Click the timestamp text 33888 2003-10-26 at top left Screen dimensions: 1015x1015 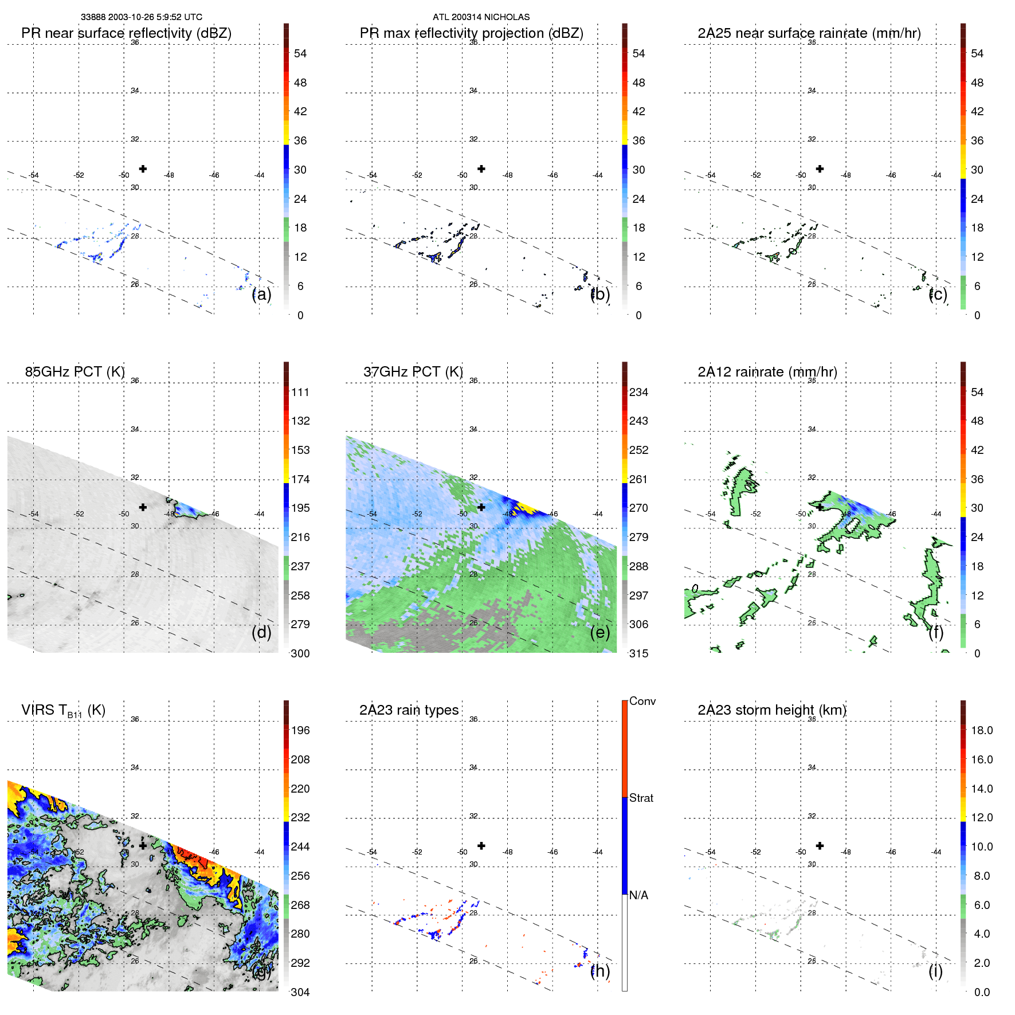[x=141, y=17]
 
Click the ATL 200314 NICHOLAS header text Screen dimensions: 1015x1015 [x=481, y=17]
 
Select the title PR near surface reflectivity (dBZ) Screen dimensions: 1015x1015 [x=126, y=33]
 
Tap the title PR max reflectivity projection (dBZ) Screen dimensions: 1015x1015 [x=471, y=33]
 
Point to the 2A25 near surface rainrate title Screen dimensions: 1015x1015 [x=809, y=33]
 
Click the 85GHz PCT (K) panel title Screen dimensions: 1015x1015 [x=75, y=372]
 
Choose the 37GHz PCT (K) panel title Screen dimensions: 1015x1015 [x=413, y=372]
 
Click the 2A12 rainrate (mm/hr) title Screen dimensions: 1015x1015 [x=767, y=372]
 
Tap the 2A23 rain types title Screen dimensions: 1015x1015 [x=409, y=710]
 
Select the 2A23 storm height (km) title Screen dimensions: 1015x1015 [x=771, y=710]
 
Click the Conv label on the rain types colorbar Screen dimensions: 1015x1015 [x=642, y=701]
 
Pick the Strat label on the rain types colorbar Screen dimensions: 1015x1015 [x=641, y=798]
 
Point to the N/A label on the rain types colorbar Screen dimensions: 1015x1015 [x=638, y=895]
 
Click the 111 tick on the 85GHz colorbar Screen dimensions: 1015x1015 [x=300, y=392]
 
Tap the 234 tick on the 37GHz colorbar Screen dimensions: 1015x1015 [x=638, y=392]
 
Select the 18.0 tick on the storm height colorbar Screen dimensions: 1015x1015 [x=981, y=730]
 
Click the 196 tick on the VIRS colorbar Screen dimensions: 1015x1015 [x=300, y=730]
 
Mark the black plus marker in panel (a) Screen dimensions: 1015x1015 [x=143, y=168]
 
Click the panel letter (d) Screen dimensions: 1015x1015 [x=261, y=632]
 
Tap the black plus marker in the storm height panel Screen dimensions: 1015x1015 [x=820, y=845]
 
